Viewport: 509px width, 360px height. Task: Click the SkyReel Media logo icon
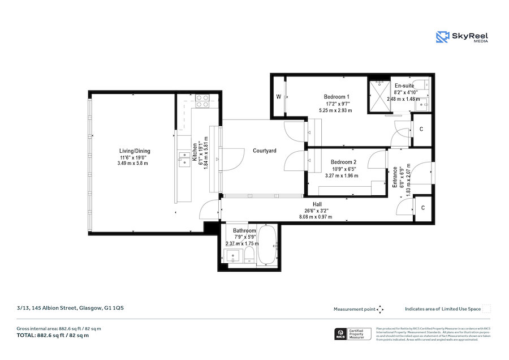(x=442, y=37)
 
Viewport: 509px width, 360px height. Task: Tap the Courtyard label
(x=264, y=151)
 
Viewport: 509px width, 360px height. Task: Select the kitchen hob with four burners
(x=202, y=101)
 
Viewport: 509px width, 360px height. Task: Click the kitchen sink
(x=184, y=157)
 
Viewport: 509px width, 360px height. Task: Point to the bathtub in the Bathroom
(x=267, y=246)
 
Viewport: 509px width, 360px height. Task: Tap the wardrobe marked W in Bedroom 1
(x=279, y=97)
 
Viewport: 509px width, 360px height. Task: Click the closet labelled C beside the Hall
(x=422, y=208)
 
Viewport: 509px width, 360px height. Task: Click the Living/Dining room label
(x=134, y=151)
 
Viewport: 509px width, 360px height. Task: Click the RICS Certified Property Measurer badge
(x=353, y=333)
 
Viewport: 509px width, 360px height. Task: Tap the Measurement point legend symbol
(x=381, y=309)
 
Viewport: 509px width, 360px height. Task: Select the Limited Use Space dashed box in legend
(x=486, y=309)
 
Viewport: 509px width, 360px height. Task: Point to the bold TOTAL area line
(x=53, y=335)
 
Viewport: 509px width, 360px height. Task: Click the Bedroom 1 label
(x=336, y=97)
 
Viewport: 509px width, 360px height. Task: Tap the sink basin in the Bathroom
(x=234, y=258)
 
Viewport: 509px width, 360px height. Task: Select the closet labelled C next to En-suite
(x=422, y=128)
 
